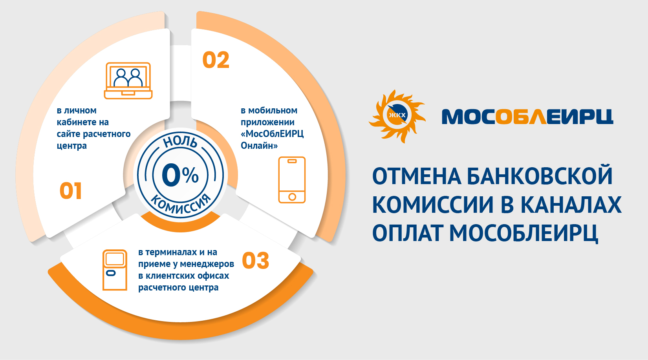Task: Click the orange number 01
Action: pos(71,191)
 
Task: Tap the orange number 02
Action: pos(216,60)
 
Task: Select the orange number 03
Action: pos(255,261)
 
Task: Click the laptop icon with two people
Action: pos(128,80)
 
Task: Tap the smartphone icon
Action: pos(292,180)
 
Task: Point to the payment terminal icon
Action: pos(115,270)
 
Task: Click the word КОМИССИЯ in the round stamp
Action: pos(181,204)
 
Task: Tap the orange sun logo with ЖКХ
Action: pos(397,116)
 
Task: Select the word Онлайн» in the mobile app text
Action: pos(259,145)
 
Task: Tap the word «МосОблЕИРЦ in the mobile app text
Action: pos(272,133)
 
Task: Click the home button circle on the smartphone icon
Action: pos(292,197)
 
